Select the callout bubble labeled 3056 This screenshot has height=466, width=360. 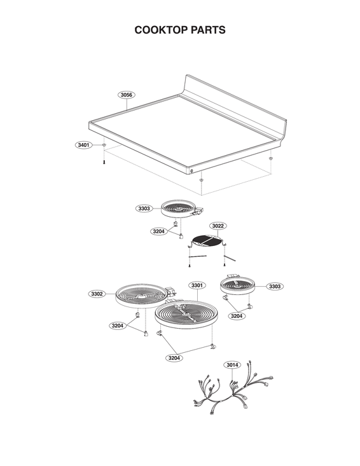(127, 95)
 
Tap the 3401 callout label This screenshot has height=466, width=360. (83, 146)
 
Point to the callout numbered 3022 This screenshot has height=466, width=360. (218, 226)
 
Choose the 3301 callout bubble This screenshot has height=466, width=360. (197, 287)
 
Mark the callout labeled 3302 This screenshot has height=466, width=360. (97, 294)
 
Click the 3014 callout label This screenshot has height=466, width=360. (232, 365)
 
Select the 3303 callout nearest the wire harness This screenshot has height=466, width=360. (274, 287)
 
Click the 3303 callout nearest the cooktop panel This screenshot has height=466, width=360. (144, 209)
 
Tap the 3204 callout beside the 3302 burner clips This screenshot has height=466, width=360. (117, 326)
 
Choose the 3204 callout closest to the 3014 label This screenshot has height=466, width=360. (175, 359)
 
